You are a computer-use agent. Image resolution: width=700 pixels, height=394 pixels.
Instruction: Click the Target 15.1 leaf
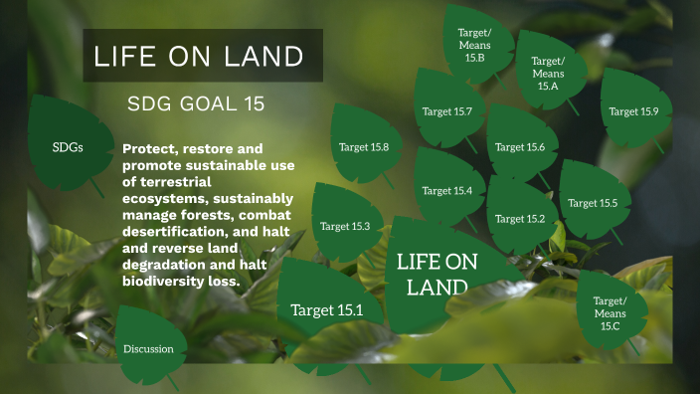326,309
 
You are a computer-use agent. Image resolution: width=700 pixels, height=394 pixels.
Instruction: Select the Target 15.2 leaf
520,218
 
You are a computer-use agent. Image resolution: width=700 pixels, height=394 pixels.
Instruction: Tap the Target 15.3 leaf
345,226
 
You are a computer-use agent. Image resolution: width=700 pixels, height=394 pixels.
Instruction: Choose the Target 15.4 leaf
447,190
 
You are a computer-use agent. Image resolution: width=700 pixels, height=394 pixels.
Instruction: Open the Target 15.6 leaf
520,147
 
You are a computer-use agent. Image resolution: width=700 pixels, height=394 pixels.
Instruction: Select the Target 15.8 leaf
364,147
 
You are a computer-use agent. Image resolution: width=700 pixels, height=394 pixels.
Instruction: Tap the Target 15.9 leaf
633,110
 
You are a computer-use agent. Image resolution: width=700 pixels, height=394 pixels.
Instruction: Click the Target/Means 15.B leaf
474,45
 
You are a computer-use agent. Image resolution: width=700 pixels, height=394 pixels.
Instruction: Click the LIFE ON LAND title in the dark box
198,56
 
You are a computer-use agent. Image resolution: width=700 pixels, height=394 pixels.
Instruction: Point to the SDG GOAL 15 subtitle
196,104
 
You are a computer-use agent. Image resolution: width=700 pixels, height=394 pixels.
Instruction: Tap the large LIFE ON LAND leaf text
437,275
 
